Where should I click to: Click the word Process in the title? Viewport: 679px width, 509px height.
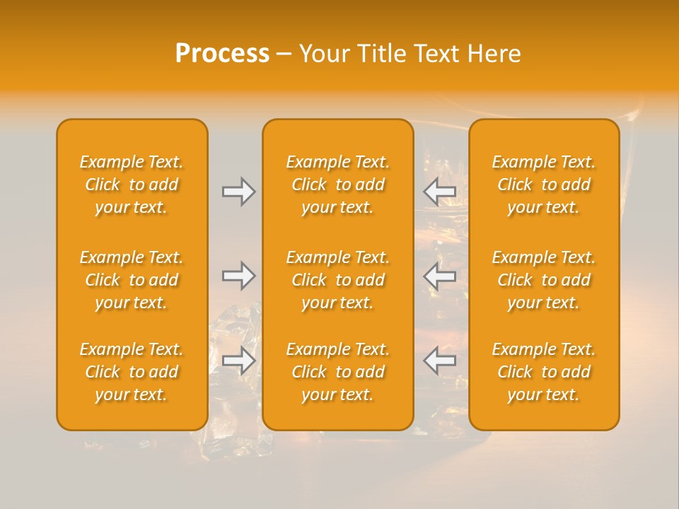pyautogui.click(x=222, y=54)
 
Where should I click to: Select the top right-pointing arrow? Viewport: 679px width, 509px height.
pyautogui.click(x=238, y=192)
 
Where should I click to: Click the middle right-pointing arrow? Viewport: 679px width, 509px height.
pyautogui.click(x=238, y=276)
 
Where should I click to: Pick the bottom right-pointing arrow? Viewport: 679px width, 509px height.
pyautogui.click(x=238, y=361)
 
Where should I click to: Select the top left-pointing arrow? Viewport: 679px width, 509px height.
pyautogui.click(x=439, y=192)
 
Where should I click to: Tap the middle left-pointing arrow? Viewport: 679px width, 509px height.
pyautogui.click(x=439, y=276)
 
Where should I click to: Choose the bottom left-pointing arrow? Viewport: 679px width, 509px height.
pyautogui.click(x=439, y=361)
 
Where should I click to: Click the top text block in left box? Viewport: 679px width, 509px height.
pyautogui.click(x=132, y=185)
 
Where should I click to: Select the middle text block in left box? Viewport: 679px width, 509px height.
pyautogui.click(x=132, y=280)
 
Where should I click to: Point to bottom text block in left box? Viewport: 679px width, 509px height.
pyautogui.click(x=132, y=372)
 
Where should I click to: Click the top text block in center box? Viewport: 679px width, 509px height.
pyautogui.click(x=337, y=185)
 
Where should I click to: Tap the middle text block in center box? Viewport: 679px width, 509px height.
pyautogui.click(x=337, y=280)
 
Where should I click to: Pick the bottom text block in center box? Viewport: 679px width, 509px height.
pyautogui.click(x=337, y=372)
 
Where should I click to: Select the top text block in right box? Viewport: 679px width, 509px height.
pyautogui.click(x=543, y=185)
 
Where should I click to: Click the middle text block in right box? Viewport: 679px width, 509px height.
pyautogui.click(x=543, y=280)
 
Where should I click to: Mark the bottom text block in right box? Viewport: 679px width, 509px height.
pyautogui.click(x=543, y=372)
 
